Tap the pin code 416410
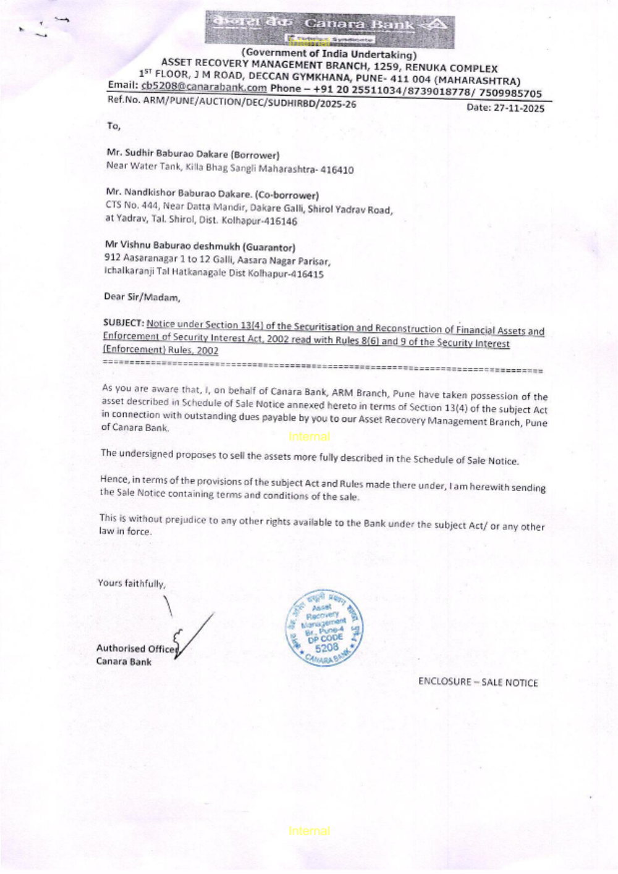point(337,169)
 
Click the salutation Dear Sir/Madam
point(142,297)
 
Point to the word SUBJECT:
point(124,323)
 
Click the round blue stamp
point(325,627)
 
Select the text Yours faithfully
point(131,582)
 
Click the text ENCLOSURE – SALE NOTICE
point(478,682)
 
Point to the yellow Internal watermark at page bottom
point(309,831)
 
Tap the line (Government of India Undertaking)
point(329,54)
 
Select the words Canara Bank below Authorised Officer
point(124,662)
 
